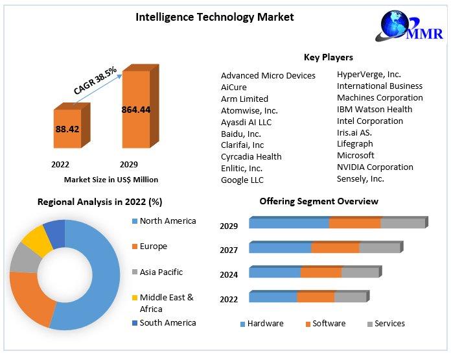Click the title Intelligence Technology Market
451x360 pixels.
point(214,17)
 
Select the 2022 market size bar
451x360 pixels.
point(67,130)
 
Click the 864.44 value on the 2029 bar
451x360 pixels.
point(136,110)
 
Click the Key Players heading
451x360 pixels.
point(328,58)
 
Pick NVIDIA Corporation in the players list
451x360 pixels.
point(375,167)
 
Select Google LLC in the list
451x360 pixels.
point(242,180)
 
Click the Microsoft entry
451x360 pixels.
point(356,156)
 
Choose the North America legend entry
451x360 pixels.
point(167,221)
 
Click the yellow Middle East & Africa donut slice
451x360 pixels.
point(36,240)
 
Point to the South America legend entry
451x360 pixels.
point(167,322)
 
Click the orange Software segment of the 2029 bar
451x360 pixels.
point(354,223)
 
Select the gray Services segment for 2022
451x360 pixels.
point(350,297)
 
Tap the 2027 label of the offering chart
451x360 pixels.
point(229,250)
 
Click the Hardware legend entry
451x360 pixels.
point(265,324)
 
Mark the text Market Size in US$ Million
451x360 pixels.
point(111,180)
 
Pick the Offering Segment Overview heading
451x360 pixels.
point(319,202)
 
